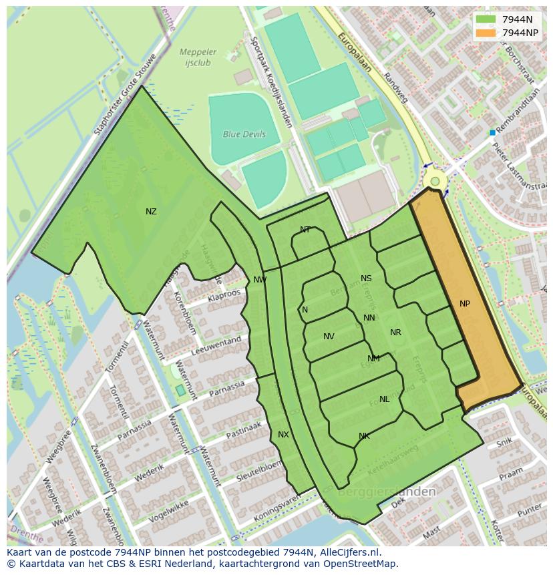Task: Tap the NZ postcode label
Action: coord(151,212)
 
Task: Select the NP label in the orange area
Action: coord(465,304)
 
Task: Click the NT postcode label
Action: coord(305,230)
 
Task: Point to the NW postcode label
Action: coord(260,280)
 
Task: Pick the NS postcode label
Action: coord(366,278)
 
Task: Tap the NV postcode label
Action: coord(329,337)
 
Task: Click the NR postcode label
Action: coord(395,333)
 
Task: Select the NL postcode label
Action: coord(384,399)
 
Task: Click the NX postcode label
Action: coord(283,435)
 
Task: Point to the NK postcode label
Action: coord(364,436)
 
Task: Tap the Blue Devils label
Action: coord(244,134)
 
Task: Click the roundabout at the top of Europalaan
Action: coord(435,181)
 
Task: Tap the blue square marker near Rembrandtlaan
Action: coord(492,133)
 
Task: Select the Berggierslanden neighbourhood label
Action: coord(387,492)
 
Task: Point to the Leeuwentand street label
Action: coord(216,345)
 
